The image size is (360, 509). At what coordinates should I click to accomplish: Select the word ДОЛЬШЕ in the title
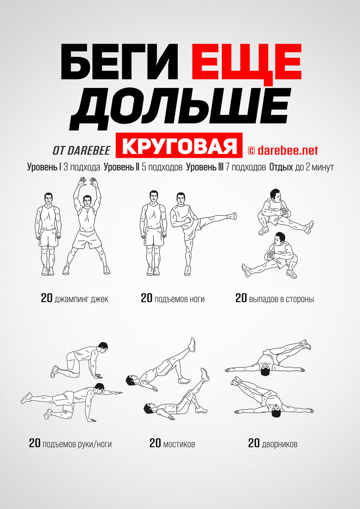click(180, 109)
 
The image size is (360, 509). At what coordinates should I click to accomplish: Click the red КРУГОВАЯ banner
click(179, 145)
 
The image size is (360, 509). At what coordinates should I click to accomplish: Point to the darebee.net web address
click(288, 150)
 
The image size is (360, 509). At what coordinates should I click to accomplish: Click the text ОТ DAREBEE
click(81, 150)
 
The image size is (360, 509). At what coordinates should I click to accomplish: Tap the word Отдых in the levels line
click(281, 167)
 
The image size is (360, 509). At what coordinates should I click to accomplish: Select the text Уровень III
click(205, 167)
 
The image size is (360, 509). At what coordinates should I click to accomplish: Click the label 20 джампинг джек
click(75, 298)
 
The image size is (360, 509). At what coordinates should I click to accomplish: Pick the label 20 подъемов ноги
click(173, 298)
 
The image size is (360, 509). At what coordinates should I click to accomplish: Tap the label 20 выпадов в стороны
click(275, 298)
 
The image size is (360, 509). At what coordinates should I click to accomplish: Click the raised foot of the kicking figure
click(232, 215)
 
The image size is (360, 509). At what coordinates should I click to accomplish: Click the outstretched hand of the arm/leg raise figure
click(117, 392)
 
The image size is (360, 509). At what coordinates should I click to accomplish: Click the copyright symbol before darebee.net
click(251, 151)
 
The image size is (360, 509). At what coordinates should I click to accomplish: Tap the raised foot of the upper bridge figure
click(192, 345)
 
